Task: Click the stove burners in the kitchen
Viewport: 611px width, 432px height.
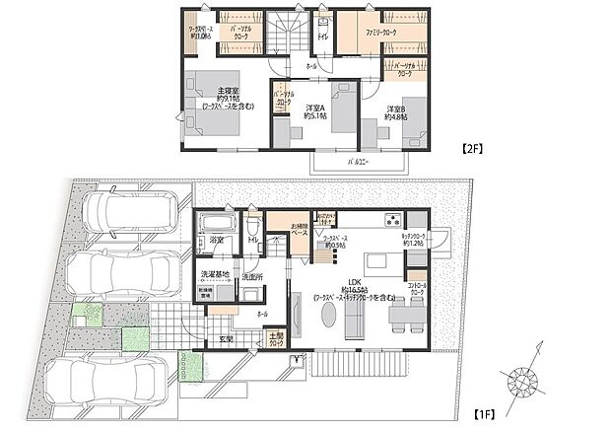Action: [x=392, y=220]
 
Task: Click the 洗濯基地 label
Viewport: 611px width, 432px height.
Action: [x=215, y=273]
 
